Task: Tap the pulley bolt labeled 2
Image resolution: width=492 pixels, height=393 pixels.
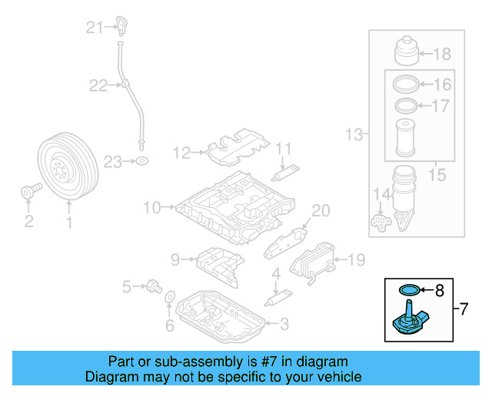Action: pyautogui.click(x=28, y=191)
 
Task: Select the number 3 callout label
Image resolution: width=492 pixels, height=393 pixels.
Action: pyautogui.click(x=284, y=325)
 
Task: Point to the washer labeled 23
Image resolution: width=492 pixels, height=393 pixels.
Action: pyautogui.click(x=141, y=161)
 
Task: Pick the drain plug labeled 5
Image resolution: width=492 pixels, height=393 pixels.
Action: pyautogui.click(x=152, y=287)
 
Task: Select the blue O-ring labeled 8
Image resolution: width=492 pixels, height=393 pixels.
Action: pyautogui.click(x=411, y=290)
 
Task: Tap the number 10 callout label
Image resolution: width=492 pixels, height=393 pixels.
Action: pyautogui.click(x=151, y=207)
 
